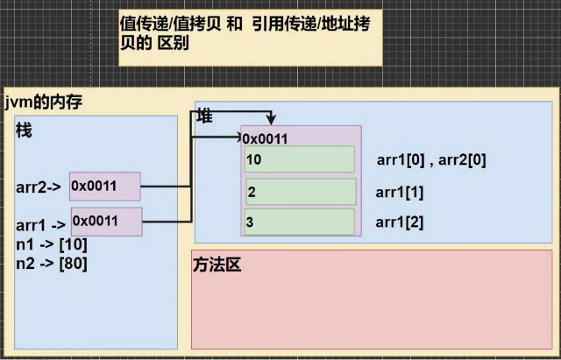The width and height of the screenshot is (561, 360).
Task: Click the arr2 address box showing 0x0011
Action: [x=105, y=186]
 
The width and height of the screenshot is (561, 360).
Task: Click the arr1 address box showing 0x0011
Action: [x=106, y=221]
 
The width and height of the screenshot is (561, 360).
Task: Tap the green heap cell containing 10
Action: [x=301, y=159]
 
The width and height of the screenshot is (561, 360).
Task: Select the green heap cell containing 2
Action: [x=301, y=192]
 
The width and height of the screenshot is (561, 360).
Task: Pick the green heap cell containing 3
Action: [x=301, y=222]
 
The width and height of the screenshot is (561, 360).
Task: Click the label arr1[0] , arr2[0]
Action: [x=430, y=160]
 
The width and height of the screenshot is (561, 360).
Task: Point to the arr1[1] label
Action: [x=399, y=192]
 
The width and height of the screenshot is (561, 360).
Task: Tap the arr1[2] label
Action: [x=399, y=222]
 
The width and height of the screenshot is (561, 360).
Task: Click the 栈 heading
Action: [x=24, y=130]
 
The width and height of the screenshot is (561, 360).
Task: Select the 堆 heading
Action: [x=204, y=115]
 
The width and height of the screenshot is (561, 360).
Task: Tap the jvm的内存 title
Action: [x=43, y=102]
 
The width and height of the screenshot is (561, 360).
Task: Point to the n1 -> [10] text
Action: [x=51, y=244]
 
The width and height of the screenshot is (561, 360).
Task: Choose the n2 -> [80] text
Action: [x=51, y=261]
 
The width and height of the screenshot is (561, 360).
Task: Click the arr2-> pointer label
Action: [x=38, y=187]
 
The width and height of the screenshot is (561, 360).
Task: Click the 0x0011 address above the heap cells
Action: [x=265, y=138]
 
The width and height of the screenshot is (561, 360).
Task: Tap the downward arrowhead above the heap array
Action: [x=274, y=120]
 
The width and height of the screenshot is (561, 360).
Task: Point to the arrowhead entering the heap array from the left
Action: [x=238, y=137]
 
